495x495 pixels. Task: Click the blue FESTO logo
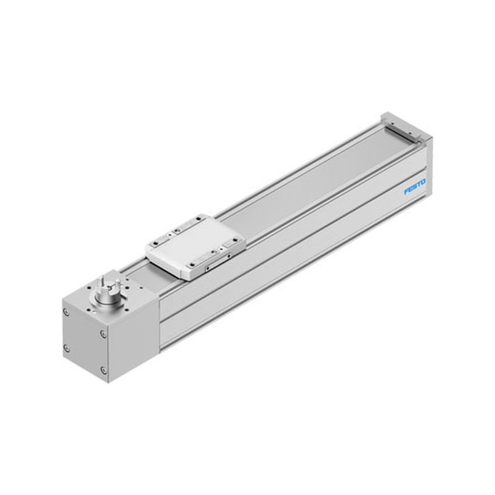tap(415, 187)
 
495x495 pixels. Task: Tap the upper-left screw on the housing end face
tap(66, 312)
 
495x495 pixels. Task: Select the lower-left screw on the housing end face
tap(66, 348)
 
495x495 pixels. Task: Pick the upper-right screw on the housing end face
tap(103, 334)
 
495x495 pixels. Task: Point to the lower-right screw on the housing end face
tap(103, 370)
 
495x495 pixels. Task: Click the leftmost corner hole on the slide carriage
tap(155, 243)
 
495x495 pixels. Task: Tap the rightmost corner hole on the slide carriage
tap(236, 239)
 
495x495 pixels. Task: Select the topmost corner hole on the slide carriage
tap(199, 218)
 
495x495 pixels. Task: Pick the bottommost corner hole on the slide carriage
tap(192, 265)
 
